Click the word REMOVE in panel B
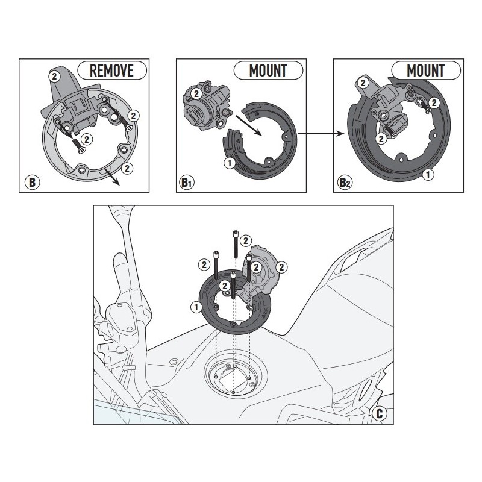click(111, 70)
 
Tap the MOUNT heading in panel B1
click(268, 70)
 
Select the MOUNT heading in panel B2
click(425, 70)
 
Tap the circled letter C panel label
click(378, 413)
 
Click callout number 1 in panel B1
click(228, 163)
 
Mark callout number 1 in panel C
click(195, 307)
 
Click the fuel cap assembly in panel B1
click(205, 105)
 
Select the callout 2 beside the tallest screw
click(245, 240)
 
